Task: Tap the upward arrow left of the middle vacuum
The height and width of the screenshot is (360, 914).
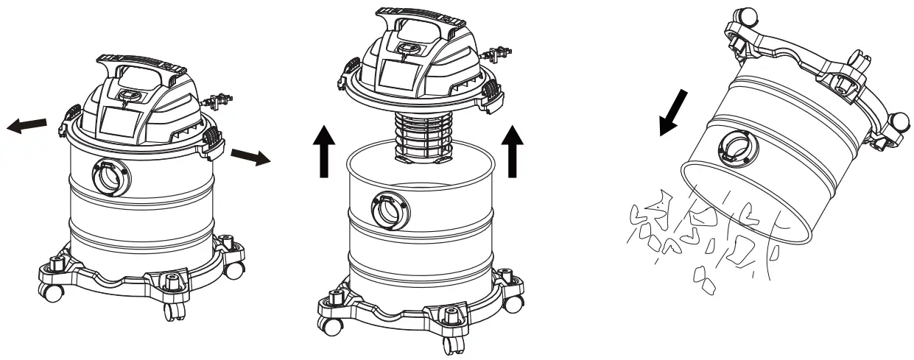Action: (x=322, y=152)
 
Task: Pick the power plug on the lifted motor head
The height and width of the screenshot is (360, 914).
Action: (x=493, y=54)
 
